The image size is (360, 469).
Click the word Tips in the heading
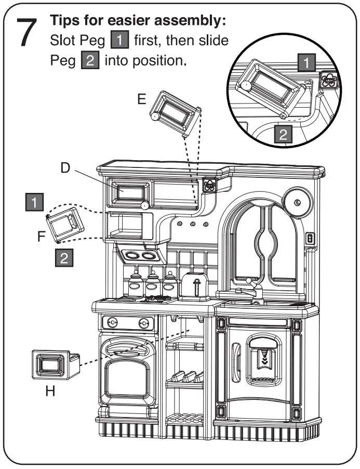pos(65,21)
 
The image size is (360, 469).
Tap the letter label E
pos(142,99)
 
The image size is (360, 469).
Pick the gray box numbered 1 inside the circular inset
pos(308,63)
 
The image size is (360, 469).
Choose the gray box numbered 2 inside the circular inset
pos(283,135)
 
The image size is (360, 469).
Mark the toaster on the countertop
pos(195,286)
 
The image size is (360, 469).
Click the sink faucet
pos(253,289)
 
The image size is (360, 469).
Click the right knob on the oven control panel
pos(144,323)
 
